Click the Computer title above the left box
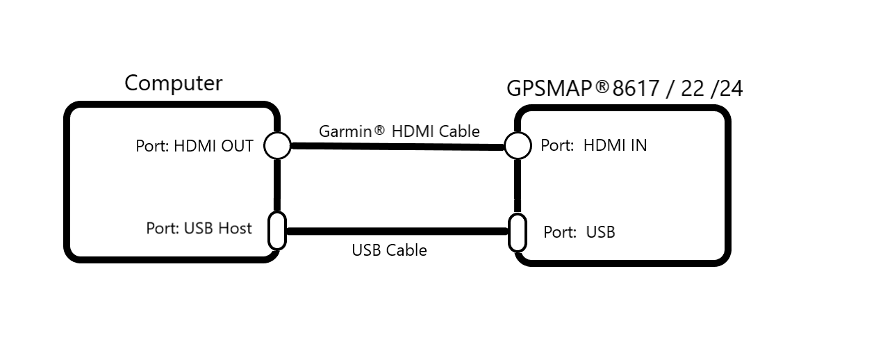[173, 83]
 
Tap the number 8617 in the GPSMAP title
[636, 88]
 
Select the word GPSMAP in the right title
[549, 88]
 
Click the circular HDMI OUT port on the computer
[278, 146]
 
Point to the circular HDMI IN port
[518, 146]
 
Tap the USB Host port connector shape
[277, 231]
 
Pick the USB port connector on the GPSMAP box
[518, 233]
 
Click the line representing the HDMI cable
[397, 147]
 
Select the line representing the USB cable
[397, 231]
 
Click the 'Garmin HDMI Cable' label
[399, 131]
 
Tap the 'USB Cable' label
[389, 250]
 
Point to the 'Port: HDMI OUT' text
[195, 146]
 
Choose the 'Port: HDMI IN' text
[594, 145]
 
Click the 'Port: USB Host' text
[199, 229]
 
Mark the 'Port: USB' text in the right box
[579, 232]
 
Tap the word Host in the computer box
[234, 229]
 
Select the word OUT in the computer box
[237, 146]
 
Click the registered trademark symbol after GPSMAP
[602, 86]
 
